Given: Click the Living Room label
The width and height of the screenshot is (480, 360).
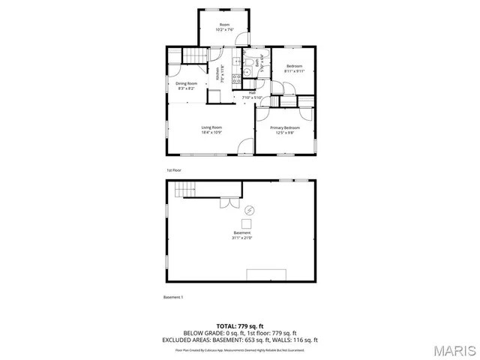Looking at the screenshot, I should [211, 127].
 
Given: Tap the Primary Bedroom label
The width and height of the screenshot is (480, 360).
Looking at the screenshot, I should [285, 127].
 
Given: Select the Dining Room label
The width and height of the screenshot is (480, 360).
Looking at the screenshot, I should [187, 83].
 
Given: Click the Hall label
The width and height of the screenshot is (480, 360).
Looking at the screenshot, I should [241, 93].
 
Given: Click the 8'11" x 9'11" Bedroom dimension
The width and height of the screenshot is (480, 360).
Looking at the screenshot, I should [294, 72].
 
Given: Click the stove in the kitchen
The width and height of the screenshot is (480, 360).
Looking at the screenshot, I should [235, 76].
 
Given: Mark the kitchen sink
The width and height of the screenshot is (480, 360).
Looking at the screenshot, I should [235, 63].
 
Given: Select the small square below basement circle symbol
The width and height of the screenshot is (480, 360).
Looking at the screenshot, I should [246, 223].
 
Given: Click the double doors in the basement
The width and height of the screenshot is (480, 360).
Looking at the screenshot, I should [228, 202].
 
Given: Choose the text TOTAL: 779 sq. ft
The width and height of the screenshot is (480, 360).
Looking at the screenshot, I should [240, 326].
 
